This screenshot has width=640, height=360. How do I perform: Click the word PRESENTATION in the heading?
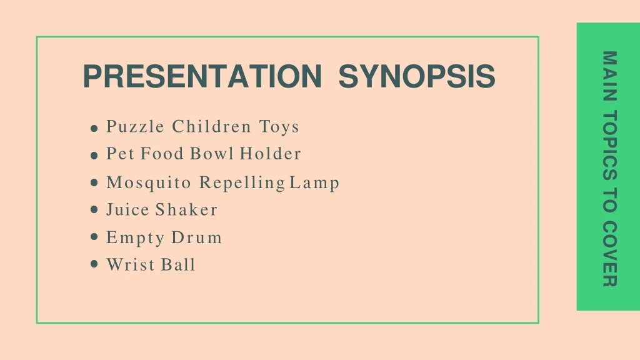click(202, 76)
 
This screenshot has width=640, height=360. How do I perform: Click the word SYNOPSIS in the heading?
click(417, 76)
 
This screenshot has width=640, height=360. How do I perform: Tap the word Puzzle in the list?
click(136, 126)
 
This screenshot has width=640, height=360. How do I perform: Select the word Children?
click(211, 126)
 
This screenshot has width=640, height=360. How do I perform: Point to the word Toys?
click(279, 127)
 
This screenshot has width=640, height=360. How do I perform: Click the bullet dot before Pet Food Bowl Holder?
click(94, 156)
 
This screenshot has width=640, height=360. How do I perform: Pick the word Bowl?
click(212, 154)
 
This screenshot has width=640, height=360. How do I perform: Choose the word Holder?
click(270, 154)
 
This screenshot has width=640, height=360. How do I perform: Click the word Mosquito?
click(149, 183)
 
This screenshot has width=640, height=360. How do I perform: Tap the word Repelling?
click(242, 183)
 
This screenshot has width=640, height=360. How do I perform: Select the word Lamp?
click(314, 183)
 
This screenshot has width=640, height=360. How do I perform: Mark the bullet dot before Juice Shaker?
click(94, 210)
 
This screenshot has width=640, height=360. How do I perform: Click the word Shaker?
click(186, 209)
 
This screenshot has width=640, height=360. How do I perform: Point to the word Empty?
click(135, 238)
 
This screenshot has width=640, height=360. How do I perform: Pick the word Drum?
click(196, 237)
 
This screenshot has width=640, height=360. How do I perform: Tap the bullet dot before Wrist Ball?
click(94, 264)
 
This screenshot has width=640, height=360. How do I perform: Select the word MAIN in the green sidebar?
click(609, 76)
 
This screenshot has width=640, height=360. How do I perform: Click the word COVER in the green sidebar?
click(609, 254)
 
